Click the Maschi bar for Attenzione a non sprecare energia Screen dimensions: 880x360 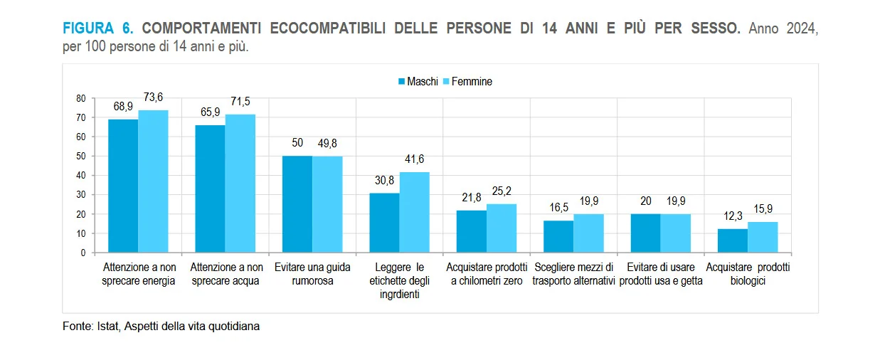(123, 186)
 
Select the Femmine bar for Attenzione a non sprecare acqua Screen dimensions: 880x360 (240, 184)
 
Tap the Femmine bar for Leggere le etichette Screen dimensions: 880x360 (415, 212)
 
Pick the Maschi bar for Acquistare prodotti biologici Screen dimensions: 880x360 (733, 240)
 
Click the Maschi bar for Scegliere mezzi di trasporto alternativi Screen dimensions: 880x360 (558, 237)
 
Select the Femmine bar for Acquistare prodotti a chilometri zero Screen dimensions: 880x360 (502, 228)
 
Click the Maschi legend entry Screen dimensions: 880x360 (418, 81)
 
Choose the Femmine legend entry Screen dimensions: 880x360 (467, 81)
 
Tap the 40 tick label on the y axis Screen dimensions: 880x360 (81, 176)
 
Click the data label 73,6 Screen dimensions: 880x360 (153, 97)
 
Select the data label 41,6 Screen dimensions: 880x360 (415, 159)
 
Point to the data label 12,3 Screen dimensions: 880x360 (733, 216)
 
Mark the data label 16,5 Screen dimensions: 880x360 (558, 207)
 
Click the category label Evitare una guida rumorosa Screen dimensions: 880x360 (312, 274)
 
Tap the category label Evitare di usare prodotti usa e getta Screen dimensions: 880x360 (661, 274)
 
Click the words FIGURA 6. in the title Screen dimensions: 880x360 (98, 28)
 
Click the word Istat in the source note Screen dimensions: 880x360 (108, 326)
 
